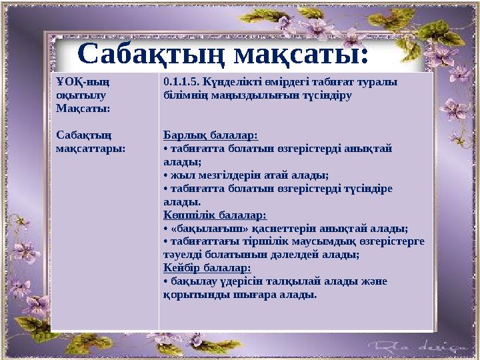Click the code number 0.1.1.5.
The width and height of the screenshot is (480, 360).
[183, 82]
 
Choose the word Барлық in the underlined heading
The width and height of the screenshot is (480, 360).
[182, 135]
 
